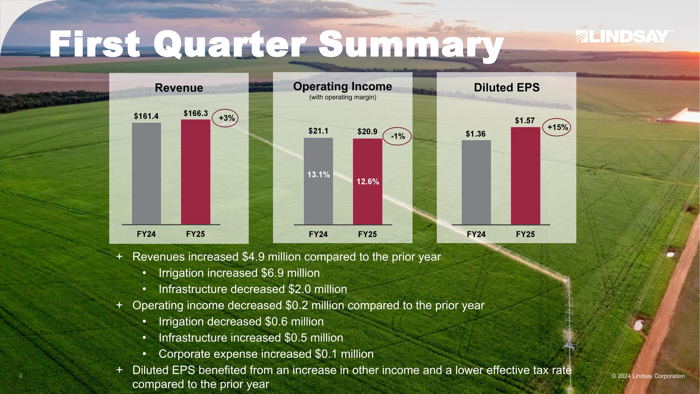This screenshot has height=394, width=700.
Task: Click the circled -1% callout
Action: coord(397,136)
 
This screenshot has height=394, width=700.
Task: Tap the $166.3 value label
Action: coord(196,113)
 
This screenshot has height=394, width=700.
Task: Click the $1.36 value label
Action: coord(476,134)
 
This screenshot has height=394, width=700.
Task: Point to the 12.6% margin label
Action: coord(368,182)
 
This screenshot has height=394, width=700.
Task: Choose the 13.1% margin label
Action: coord(318,174)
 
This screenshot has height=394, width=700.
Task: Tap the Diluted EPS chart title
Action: coord(507,88)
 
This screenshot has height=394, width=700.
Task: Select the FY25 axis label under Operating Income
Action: coord(367,234)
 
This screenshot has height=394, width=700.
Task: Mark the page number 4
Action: coord(20,376)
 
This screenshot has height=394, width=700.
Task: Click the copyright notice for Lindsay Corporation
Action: coord(648,376)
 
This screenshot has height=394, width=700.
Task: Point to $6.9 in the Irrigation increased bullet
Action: coord(272,273)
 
